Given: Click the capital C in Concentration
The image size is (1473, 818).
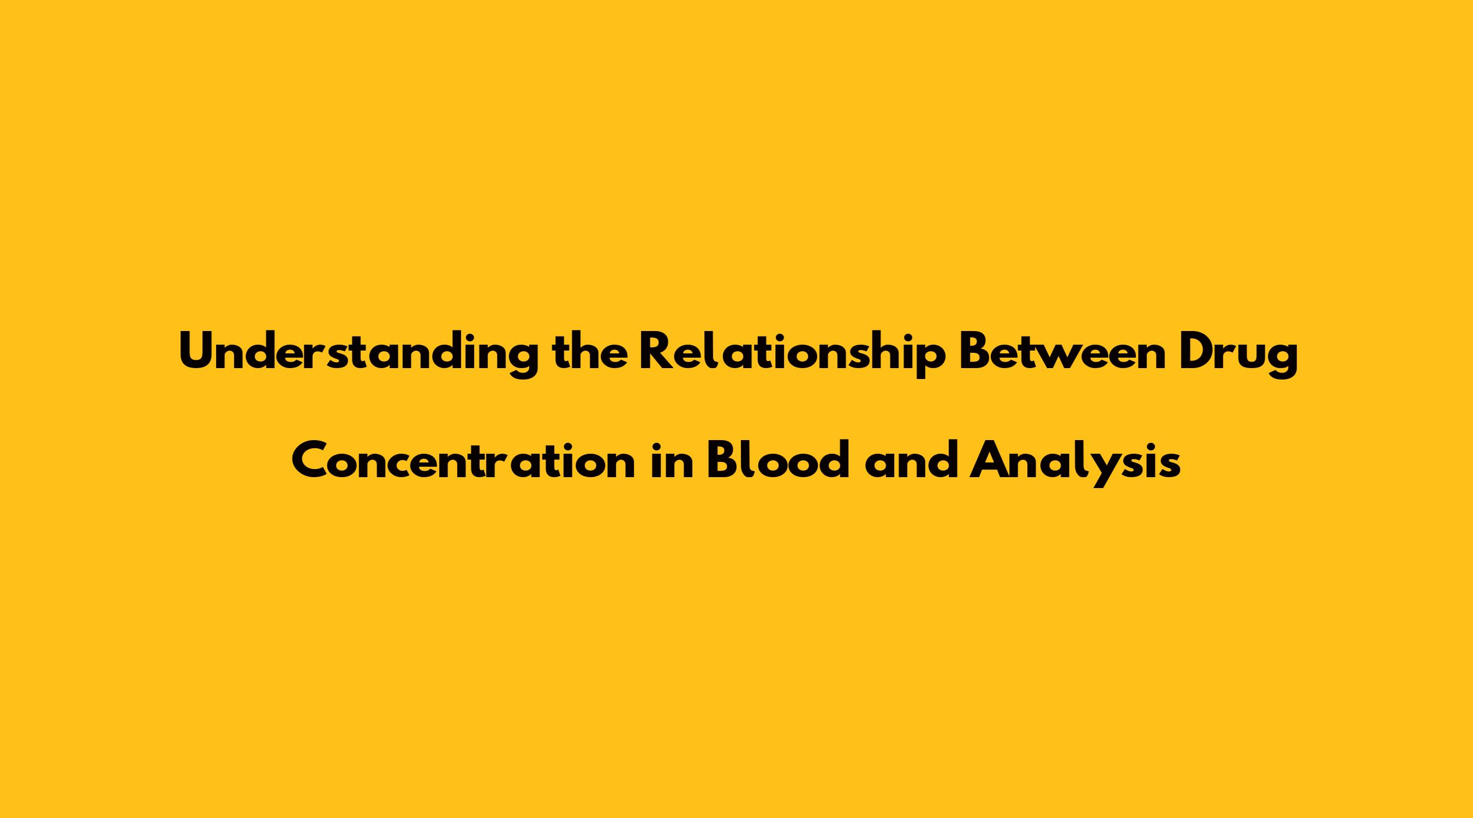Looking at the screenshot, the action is [311, 460].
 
